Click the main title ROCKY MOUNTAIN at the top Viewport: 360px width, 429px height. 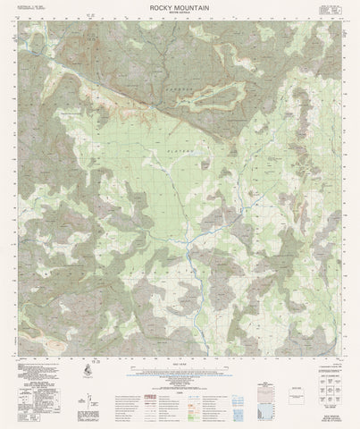tap(180, 6)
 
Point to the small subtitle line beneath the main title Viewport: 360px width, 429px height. tap(180, 13)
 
